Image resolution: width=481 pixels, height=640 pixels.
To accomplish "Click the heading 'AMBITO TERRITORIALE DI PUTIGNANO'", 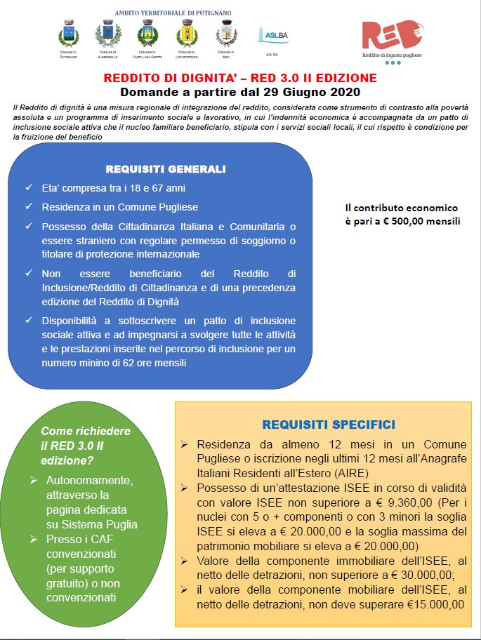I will [x=173, y=13].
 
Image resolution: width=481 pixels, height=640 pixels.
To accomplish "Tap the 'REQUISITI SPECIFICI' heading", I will [x=328, y=425].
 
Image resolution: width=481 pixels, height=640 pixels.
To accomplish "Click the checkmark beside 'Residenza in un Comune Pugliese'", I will [x=28, y=207].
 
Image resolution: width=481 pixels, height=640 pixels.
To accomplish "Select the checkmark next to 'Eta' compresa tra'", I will [x=28, y=189].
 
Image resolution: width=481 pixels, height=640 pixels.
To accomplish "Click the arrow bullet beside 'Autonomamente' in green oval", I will [x=33, y=480].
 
